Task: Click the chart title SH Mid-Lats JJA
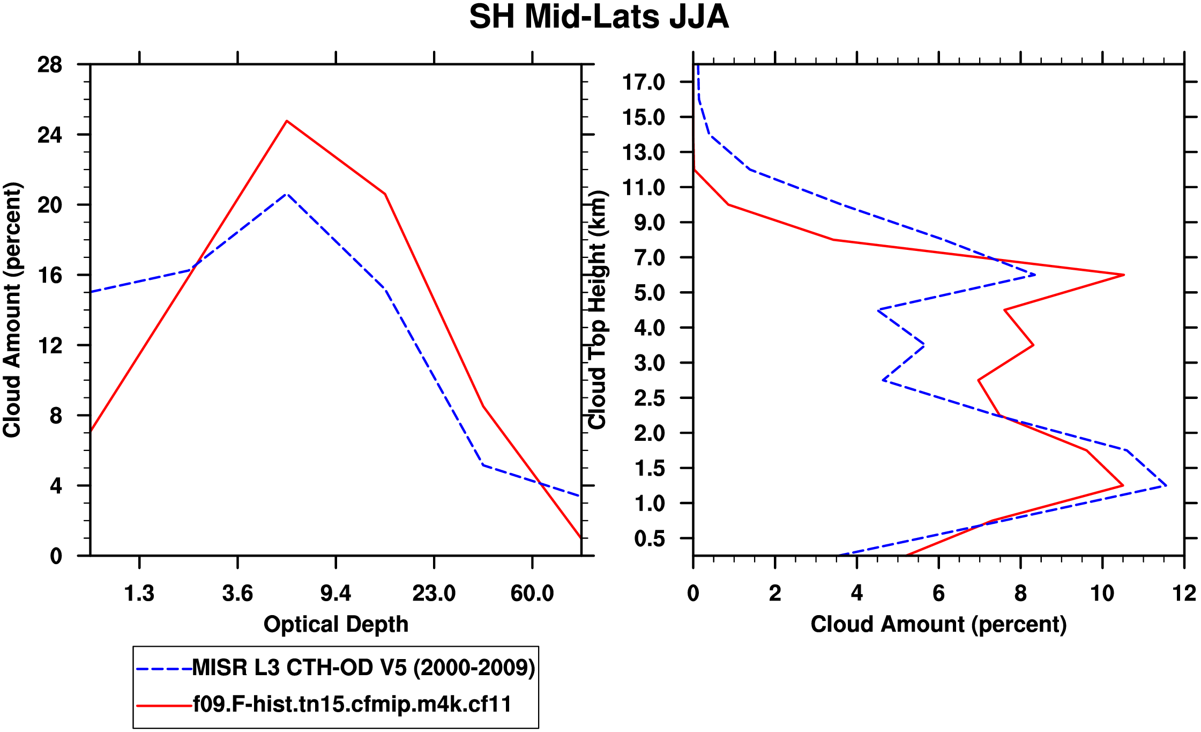599,17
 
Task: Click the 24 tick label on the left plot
49,135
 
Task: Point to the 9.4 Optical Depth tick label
335,594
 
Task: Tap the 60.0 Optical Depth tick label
532,594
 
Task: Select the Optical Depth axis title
336,625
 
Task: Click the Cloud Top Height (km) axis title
598,310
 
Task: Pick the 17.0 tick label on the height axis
650,82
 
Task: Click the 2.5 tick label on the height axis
650,398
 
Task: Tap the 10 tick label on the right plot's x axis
1102,594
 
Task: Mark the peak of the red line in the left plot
287,121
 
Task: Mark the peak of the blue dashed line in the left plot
287,194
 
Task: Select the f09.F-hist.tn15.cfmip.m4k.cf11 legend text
352,705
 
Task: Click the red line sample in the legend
164,706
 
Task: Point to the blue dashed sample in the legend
164,669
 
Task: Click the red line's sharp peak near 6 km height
1123,275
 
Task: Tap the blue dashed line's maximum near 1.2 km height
1166,486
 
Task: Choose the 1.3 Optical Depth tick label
139,594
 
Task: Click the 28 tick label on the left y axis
49,65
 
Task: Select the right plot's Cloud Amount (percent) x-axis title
938,625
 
